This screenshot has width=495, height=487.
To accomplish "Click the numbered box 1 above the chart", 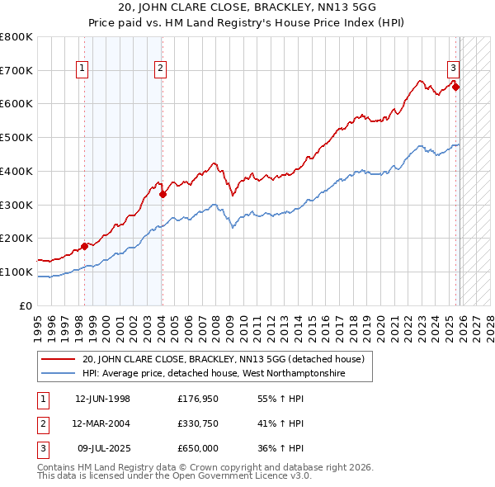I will click(x=83, y=69).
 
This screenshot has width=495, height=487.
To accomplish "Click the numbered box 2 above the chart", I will click(x=160, y=69).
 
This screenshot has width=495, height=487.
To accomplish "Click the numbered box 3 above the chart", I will click(x=453, y=69).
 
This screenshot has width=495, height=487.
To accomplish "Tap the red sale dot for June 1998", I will click(x=84, y=246).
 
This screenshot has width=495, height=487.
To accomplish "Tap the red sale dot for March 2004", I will click(x=163, y=195).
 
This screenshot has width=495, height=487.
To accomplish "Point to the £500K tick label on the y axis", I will click(x=16, y=137).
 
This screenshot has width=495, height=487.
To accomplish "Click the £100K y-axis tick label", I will click(x=16, y=272).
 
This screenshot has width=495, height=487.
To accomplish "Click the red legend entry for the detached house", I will click(x=228, y=358).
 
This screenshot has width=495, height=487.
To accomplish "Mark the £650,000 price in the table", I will click(x=198, y=448).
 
